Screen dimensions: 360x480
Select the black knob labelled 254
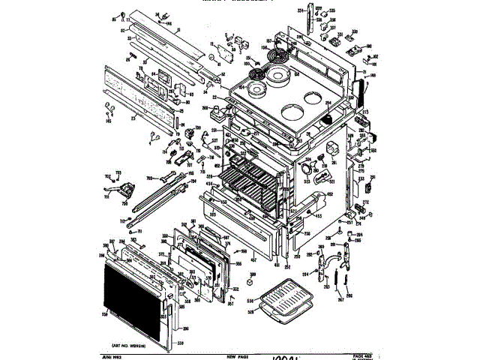[x=327, y=118]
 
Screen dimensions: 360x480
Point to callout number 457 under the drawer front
[x=253, y=260]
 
